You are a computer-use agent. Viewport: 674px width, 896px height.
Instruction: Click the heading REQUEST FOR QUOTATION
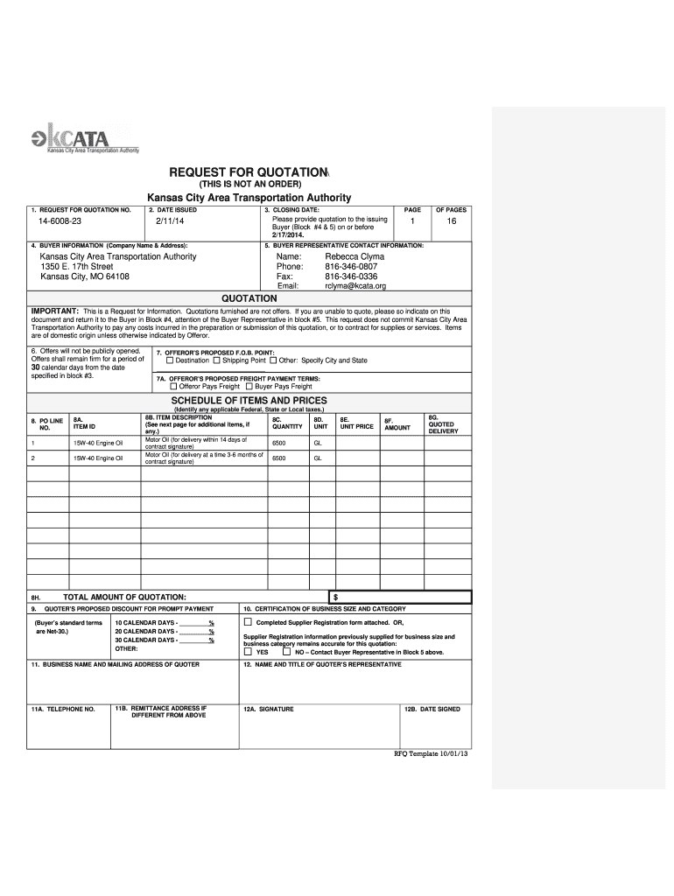coord(249,172)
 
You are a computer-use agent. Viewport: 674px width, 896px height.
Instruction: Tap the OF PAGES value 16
coord(452,225)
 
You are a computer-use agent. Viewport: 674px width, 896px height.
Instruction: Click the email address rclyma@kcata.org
coord(355,285)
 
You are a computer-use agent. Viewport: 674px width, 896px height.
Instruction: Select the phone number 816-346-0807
coord(351,266)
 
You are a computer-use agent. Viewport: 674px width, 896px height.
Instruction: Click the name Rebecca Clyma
coord(355,256)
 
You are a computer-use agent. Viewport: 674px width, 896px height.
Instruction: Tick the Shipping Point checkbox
coord(216,360)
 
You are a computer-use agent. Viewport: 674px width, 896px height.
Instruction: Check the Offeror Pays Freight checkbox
coord(173,386)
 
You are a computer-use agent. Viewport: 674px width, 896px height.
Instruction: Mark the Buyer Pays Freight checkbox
coord(249,386)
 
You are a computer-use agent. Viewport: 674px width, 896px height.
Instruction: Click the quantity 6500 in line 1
coord(279,443)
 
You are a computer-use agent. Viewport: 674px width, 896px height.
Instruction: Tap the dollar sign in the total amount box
coord(336,597)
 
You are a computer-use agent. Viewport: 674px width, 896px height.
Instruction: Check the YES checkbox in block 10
coord(248,652)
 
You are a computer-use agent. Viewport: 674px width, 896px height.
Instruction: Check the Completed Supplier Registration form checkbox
coord(248,622)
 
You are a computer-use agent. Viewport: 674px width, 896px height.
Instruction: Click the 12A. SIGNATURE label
coord(269,710)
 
